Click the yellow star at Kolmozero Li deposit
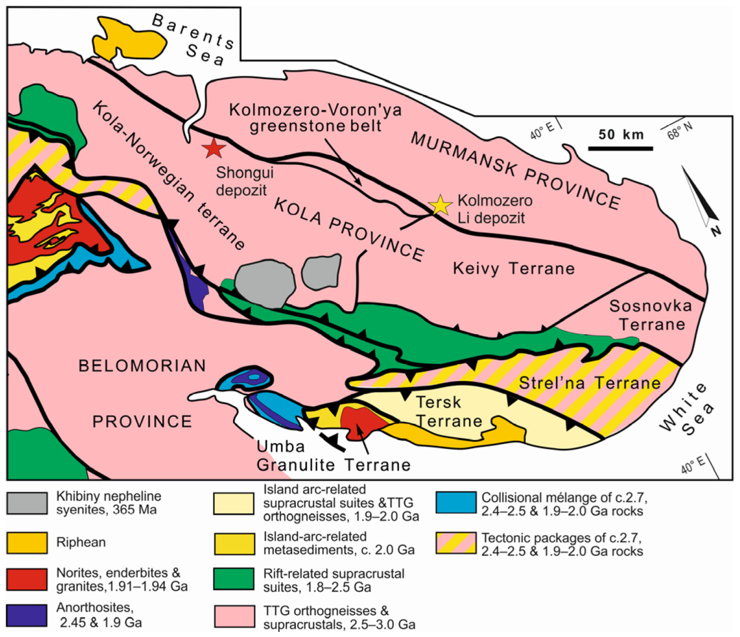440,205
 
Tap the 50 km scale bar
621,148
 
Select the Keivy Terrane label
513,268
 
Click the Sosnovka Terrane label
651,315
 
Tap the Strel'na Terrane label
589,383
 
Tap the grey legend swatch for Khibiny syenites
27,503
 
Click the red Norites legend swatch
27,579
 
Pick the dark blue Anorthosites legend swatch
27,615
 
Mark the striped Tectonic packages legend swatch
456,543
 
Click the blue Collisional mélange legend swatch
456,503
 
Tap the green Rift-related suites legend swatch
234,579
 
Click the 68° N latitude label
679,130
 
